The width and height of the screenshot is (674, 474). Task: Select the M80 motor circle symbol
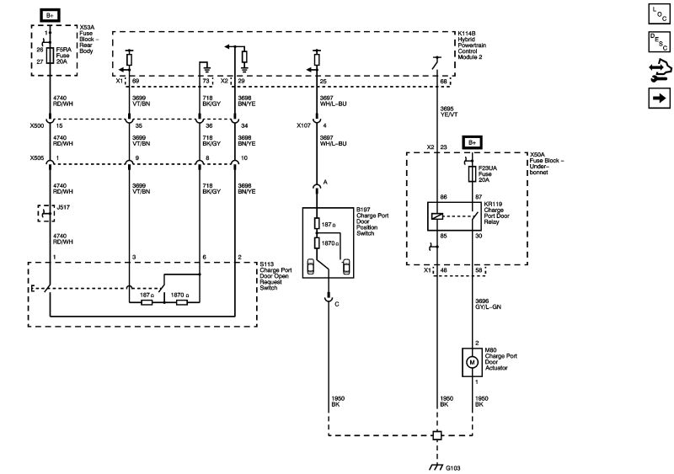[472, 361]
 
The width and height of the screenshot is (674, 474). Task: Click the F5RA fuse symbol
[51, 56]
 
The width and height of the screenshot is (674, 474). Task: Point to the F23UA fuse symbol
[472, 174]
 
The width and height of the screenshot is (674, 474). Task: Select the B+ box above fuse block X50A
[472, 142]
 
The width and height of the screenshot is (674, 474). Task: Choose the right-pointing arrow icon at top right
[657, 99]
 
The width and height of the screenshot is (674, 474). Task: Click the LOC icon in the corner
[657, 13]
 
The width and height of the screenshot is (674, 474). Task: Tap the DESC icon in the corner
[657, 41]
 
